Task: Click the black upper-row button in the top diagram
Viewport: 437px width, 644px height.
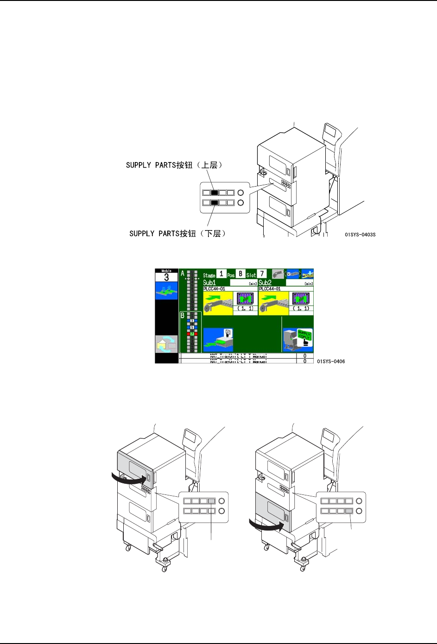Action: point(214,193)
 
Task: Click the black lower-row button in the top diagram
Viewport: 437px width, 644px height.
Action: point(214,203)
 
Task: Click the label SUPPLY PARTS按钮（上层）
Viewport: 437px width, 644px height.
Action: point(174,165)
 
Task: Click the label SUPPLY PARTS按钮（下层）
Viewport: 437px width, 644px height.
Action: point(177,233)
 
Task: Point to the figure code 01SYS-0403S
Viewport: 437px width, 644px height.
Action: point(360,235)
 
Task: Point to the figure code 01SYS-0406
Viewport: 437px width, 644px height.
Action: point(331,362)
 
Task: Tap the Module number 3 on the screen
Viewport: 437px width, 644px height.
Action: point(166,278)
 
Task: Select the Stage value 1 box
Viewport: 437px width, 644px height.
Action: point(222,274)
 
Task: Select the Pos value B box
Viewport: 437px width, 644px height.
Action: point(241,274)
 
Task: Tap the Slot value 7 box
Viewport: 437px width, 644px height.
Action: point(262,274)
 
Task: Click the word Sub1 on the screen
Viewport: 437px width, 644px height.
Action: point(209,282)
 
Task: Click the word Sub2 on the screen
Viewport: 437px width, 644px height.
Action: point(265,282)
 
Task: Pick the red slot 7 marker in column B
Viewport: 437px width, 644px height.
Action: point(192,333)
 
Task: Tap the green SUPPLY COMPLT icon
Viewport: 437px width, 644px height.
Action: point(304,337)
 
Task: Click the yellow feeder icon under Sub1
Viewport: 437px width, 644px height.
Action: point(218,303)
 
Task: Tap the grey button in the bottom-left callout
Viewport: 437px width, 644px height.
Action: point(212,501)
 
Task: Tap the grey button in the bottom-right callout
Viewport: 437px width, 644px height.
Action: point(349,511)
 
